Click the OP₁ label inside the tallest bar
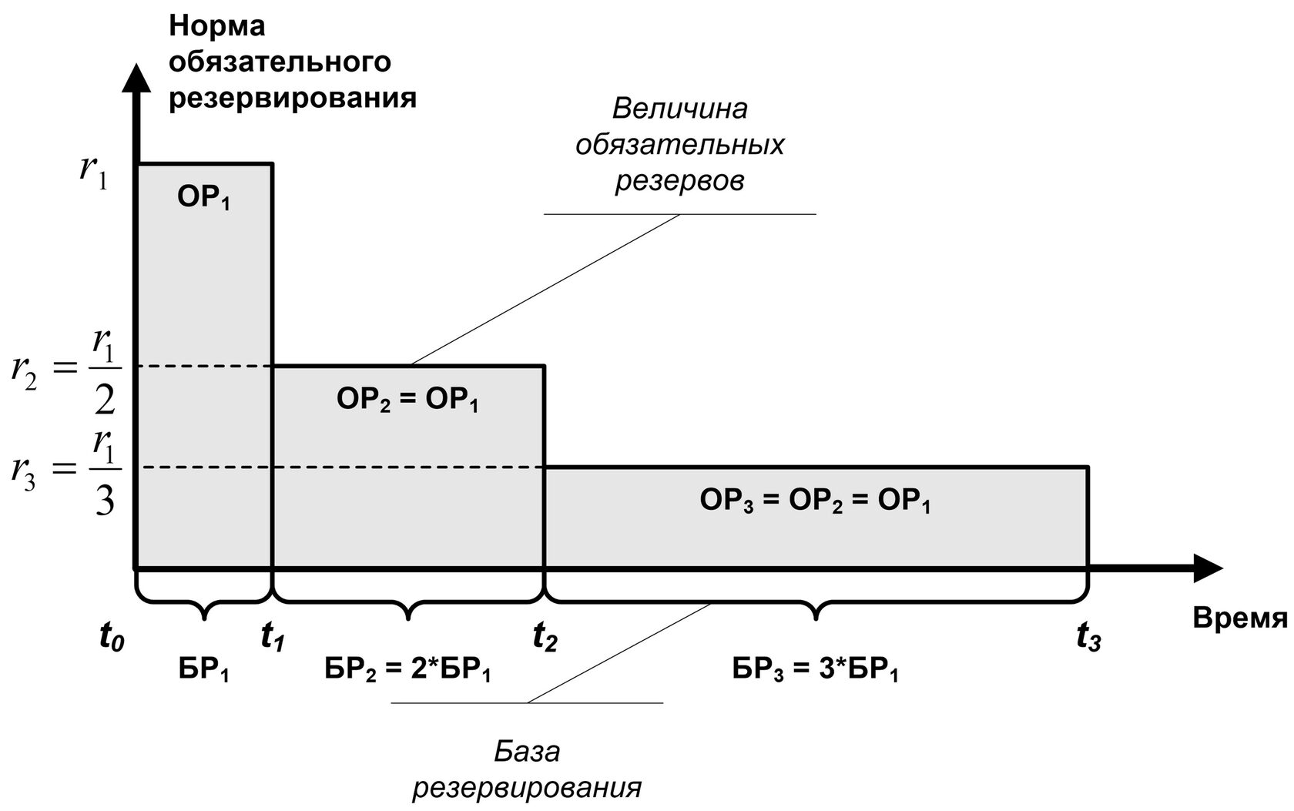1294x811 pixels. (x=204, y=199)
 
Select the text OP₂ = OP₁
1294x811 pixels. (x=407, y=400)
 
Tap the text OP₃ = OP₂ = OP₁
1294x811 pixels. (x=816, y=501)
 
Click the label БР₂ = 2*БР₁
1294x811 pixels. (x=407, y=671)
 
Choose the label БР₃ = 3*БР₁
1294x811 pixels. (x=816, y=671)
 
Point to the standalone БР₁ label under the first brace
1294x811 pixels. (x=204, y=671)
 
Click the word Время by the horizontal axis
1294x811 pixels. (x=1241, y=618)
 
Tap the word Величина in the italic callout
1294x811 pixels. (x=679, y=109)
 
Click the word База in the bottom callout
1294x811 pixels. (x=528, y=751)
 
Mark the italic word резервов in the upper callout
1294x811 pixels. (x=679, y=182)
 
